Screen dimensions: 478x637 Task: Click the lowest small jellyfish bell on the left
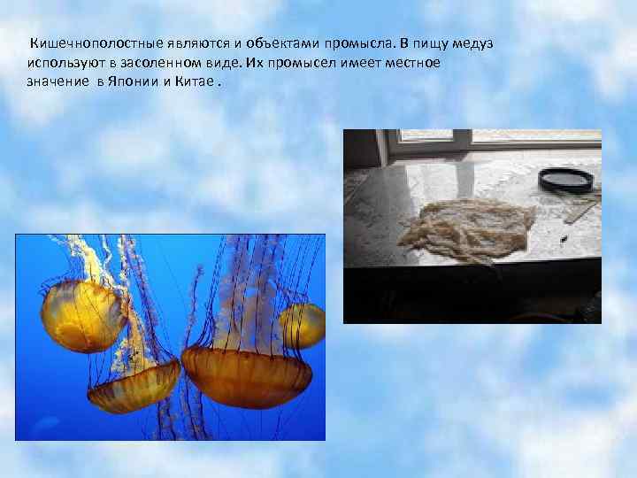pos(133,393)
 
